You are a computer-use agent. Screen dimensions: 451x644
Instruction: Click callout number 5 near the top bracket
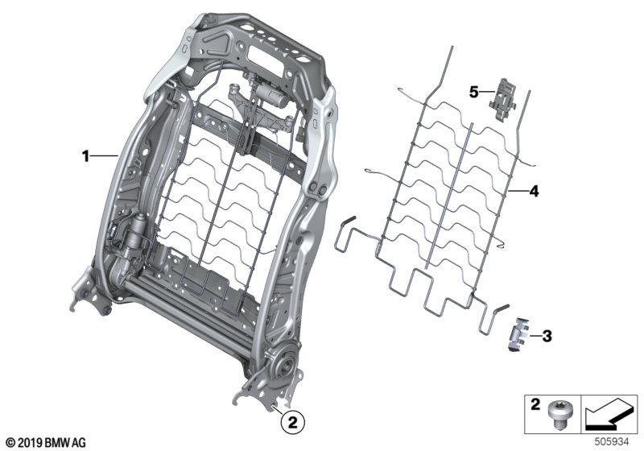(474, 92)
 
